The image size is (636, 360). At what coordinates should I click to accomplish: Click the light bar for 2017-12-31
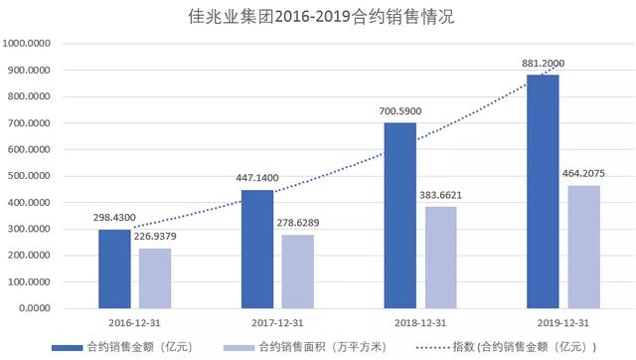coord(297,270)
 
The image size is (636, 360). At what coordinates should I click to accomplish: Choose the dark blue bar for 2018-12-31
coord(400,214)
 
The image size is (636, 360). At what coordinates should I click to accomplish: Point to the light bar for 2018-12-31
coord(440,257)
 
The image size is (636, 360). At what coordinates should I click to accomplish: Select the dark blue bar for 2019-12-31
coord(543,190)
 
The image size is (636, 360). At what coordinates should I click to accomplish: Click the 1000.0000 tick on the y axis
coord(31,44)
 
